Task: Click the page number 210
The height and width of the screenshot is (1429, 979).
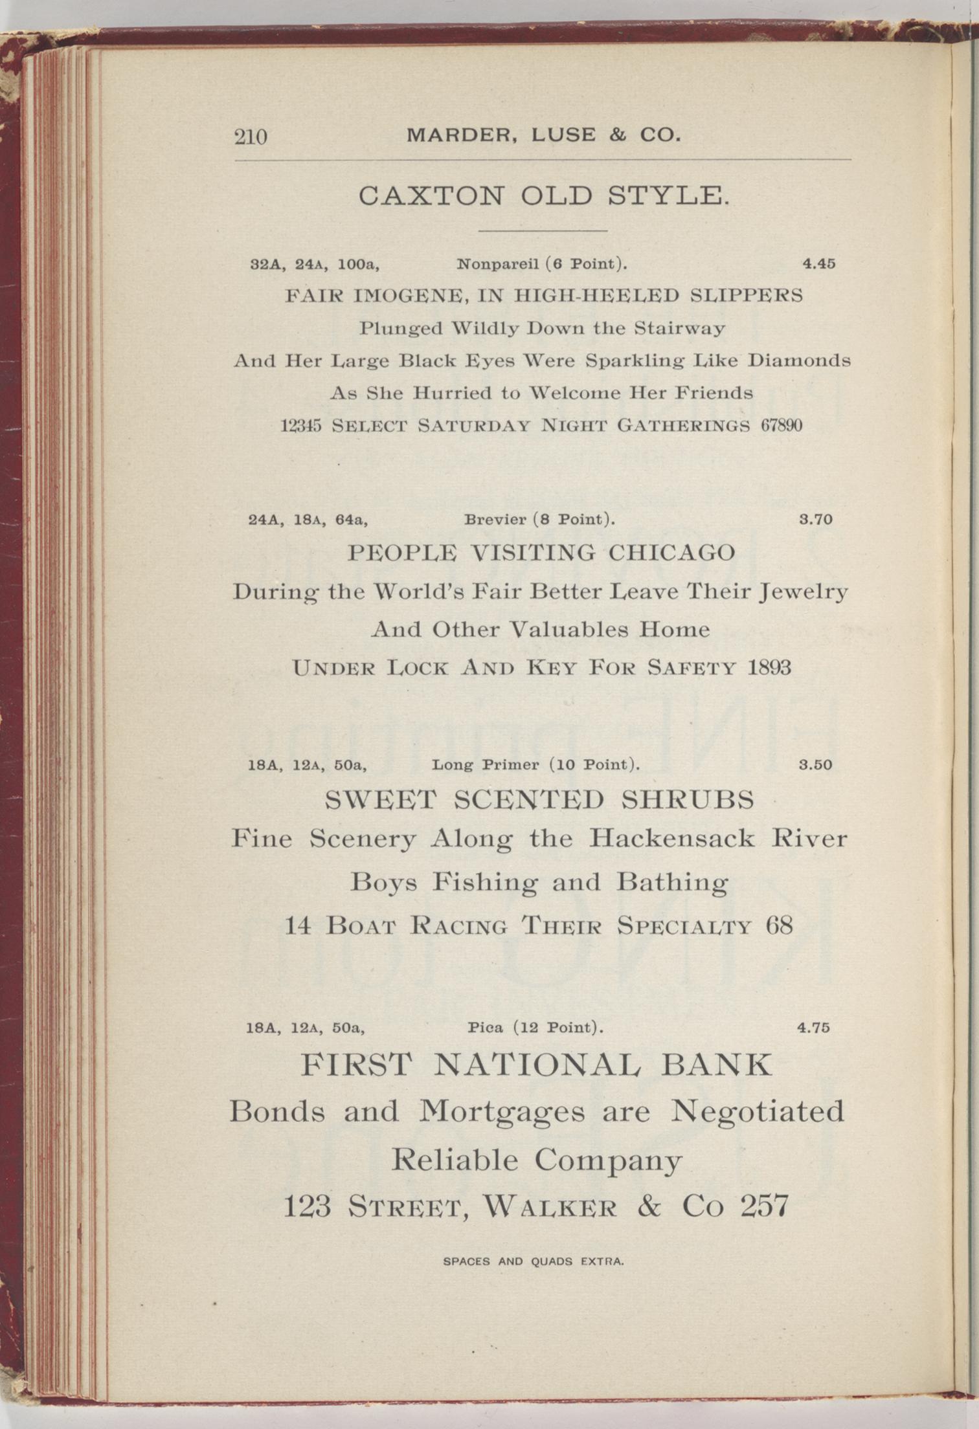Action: [251, 137]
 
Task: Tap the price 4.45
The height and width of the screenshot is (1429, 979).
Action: [818, 263]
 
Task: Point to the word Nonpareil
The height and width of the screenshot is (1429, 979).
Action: [497, 264]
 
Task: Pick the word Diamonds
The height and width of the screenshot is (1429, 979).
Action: [799, 360]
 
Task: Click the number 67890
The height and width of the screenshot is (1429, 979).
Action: [781, 426]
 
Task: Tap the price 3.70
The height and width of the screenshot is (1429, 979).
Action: [816, 519]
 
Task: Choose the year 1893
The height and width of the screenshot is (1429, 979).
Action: [769, 667]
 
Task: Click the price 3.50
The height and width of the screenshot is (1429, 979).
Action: [815, 765]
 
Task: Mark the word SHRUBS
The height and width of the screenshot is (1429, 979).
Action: [688, 801]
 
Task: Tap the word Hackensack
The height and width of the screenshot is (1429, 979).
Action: [671, 839]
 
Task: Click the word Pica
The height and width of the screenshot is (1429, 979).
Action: [486, 1028]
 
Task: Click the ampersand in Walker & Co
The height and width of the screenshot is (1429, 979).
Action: [648, 1206]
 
